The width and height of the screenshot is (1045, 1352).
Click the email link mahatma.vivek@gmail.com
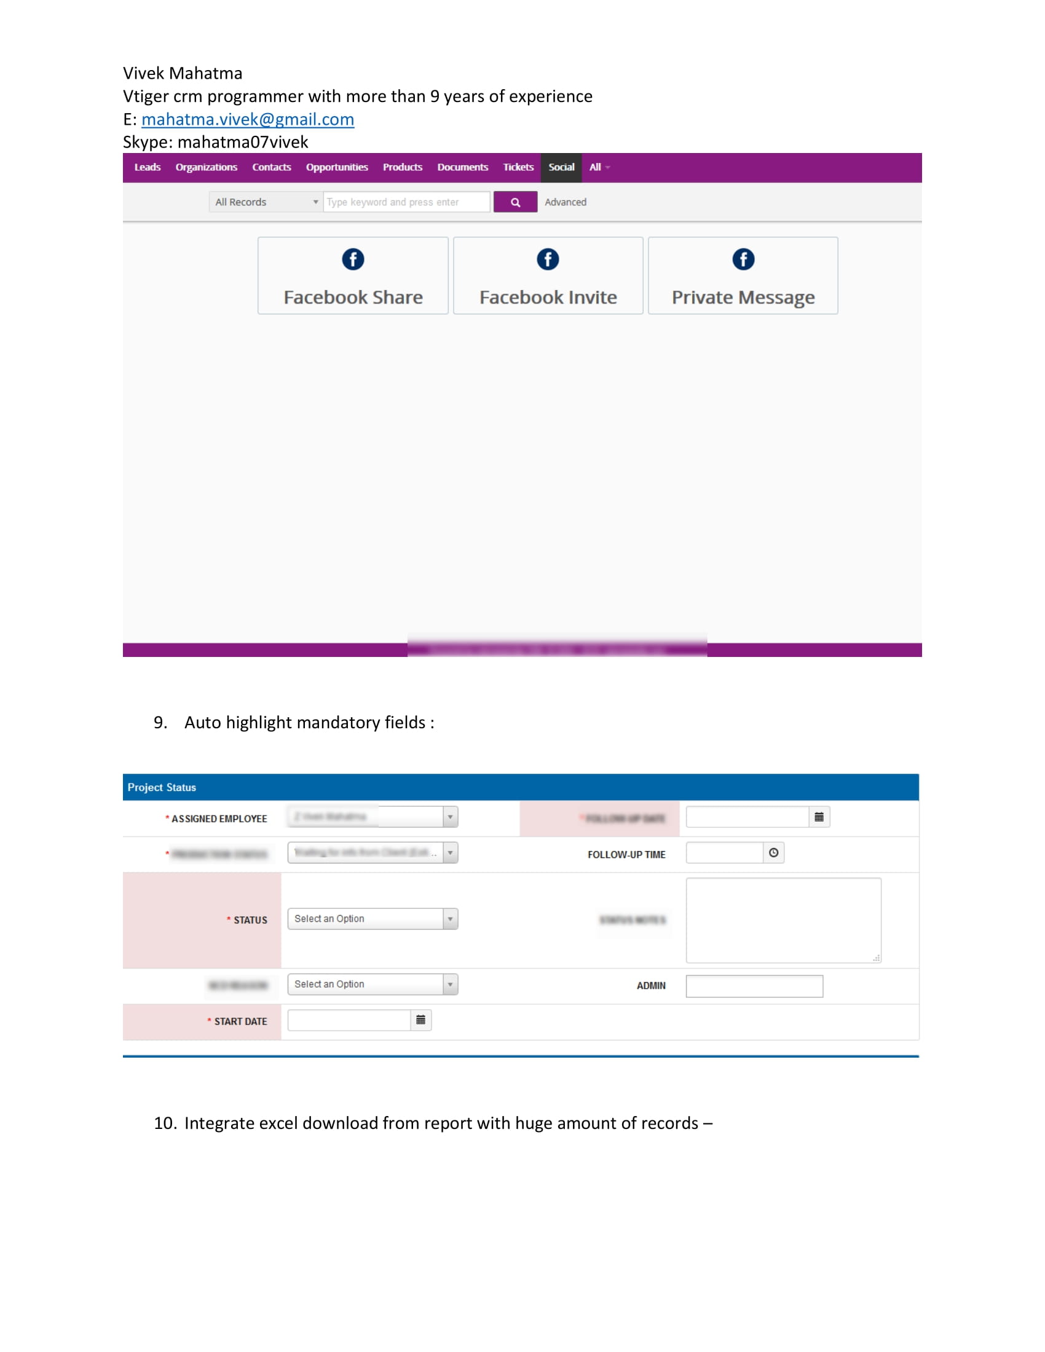(248, 119)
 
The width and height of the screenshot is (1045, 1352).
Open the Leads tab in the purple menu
(148, 168)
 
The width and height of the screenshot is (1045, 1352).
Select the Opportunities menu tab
(337, 168)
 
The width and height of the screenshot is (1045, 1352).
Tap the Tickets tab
(518, 168)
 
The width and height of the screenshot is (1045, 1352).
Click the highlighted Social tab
(561, 168)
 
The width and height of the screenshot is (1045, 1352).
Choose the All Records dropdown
(266, 202)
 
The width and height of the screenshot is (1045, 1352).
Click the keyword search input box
(406, 202)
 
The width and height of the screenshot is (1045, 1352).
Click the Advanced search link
(565, 202)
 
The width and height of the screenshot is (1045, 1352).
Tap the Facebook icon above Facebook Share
(353, 259)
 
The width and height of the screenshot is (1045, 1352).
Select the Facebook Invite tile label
(548, 298)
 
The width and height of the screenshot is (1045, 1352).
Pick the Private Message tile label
(743, 298)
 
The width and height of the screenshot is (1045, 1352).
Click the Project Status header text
(162, 787)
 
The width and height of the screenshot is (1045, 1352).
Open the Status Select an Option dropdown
(373, 919)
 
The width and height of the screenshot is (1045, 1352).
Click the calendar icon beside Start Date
(421, 1020)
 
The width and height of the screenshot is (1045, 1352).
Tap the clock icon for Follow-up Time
(773, 853)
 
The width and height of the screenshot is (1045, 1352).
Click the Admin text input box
(754, 986)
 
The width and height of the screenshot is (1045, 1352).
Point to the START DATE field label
(240, 1022)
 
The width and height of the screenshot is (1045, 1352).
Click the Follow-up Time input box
(724, 853)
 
